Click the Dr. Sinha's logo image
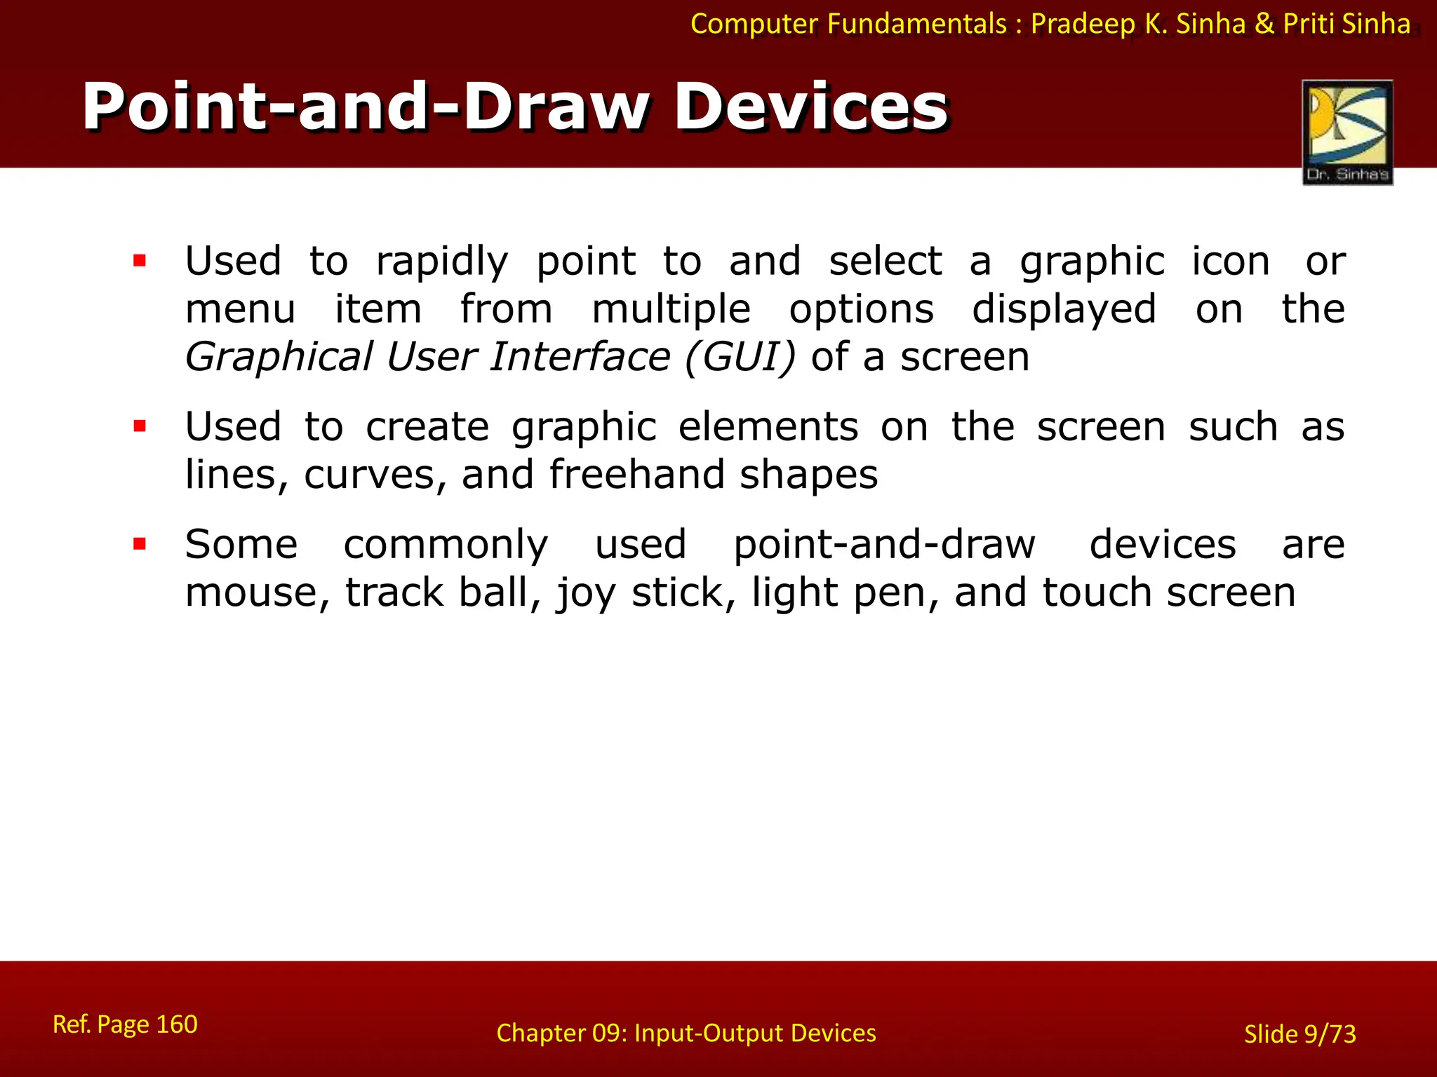[x=1347, y=132]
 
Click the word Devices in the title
[x=811, y=107]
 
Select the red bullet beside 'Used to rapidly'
[x=140, y=262]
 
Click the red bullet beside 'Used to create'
[x=140, y=426]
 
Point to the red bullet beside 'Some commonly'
[x=140, y=544]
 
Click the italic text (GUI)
[x=740, y=357]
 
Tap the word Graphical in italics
[x=279, y=357]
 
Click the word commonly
[x=446, y=546]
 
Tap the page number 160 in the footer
[x=176, y=1024]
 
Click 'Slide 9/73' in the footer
[x=1299, y=1034]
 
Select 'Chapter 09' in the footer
[x=560, y=1033]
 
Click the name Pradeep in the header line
[x=1083, y=25]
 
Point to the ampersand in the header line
[x=1264, y=25]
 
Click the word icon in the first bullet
[x=1231, y=262]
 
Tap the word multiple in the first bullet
[x=671, y=309]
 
